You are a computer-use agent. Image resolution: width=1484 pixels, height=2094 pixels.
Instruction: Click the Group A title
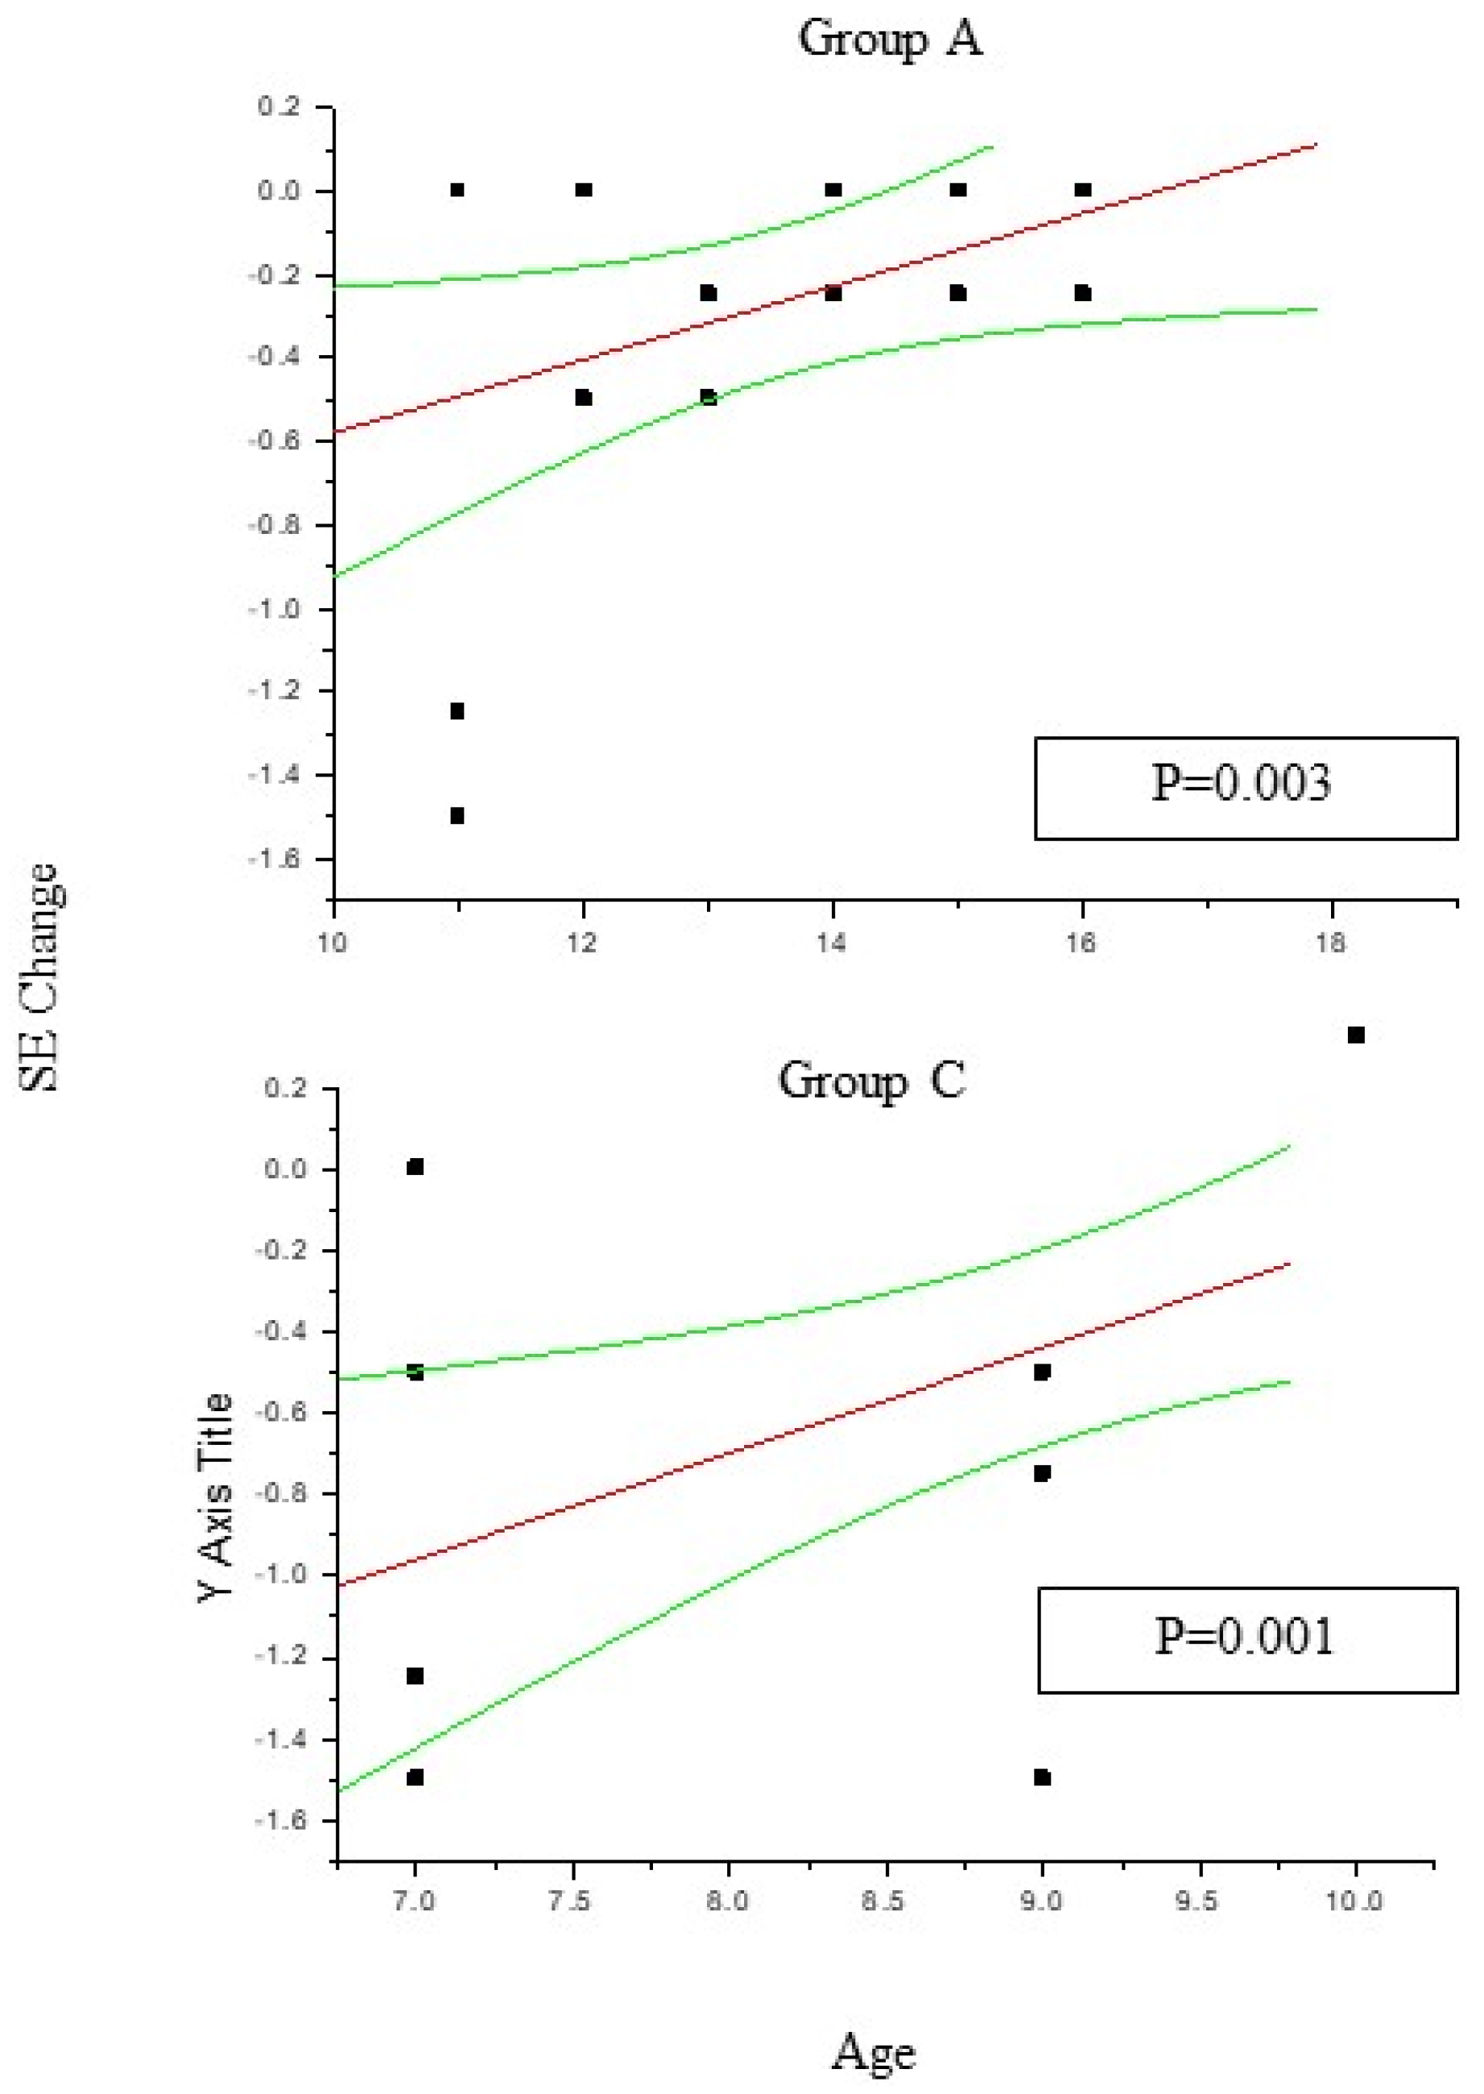[890, 39]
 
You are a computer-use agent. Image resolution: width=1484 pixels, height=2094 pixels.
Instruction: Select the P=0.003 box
[1245, 788]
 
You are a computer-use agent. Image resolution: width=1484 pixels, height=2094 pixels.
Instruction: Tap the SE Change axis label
[39, 977]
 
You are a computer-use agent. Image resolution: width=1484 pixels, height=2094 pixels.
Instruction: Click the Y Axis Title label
[217, 1497]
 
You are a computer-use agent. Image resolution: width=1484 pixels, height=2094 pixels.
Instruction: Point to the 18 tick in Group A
[1330, 943]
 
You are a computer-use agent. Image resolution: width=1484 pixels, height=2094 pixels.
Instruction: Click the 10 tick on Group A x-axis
[333, 943]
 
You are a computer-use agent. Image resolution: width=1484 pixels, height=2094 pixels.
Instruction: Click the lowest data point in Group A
[457, 815]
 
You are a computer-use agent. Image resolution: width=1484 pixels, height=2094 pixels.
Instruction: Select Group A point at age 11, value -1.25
[457, 711]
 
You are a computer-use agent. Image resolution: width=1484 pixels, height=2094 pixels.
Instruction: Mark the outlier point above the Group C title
[1356, 1035]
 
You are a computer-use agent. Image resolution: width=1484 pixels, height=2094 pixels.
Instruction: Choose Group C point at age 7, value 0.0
[415, 1167]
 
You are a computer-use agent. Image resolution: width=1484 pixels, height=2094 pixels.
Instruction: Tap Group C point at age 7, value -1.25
[415, 1675]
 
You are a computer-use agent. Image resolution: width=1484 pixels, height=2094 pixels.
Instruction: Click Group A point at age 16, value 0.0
[1083, 190]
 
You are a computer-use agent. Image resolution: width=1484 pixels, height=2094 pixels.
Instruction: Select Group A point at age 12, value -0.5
[583, 398]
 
